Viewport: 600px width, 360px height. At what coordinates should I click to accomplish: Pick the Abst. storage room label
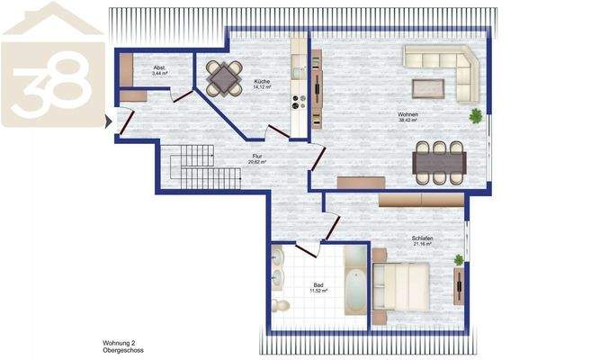pos(158,67)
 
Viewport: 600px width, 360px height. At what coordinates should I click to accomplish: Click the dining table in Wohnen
pos(438,164)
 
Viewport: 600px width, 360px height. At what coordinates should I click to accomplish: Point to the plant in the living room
pos(475,116)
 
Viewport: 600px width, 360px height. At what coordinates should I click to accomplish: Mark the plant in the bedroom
pos(459,260)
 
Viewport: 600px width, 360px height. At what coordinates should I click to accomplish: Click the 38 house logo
pos(51,65)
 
